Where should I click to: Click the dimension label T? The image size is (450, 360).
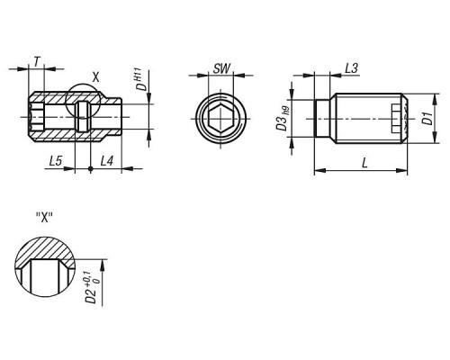coord(37,62)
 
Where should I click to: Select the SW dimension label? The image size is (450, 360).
coord(222,68)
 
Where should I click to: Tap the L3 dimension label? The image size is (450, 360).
coord(351,68)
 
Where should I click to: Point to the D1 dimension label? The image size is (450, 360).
coord(427,118)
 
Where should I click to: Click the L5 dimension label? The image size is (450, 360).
coord(56,161)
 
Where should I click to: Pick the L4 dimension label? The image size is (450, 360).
coord(107,161)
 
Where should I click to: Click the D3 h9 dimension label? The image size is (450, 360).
coord(283,119)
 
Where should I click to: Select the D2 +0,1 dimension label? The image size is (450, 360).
coord(92,287)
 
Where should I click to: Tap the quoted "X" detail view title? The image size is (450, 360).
coord(44,217)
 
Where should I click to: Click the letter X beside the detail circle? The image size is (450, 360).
coord(95,77)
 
